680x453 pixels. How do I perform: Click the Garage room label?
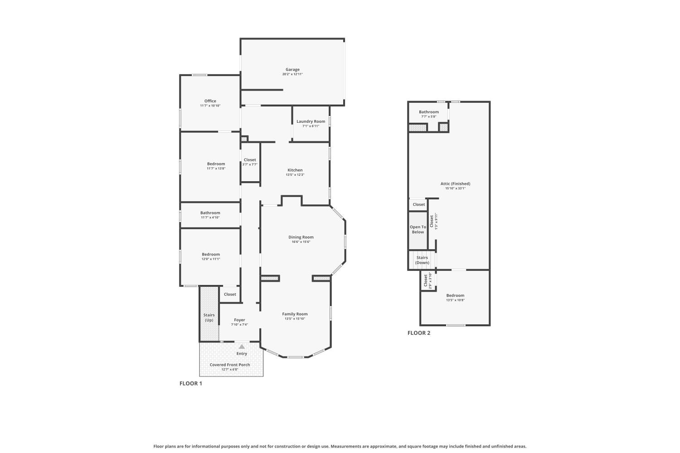[292, 70]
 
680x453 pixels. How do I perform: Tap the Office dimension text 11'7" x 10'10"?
[210, 106]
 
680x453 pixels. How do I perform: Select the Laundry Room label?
[311, 121]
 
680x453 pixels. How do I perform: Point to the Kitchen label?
[295, 170]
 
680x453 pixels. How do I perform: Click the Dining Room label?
[301, 237]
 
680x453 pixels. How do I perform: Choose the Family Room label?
[295, 314]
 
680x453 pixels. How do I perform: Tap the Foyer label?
[239, 320]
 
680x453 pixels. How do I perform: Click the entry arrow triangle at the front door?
[242, 347]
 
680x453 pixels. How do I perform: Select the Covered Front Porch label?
[230, 365]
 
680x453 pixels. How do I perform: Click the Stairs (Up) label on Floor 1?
[209, 318]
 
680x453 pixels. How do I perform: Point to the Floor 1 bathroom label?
[210, 213]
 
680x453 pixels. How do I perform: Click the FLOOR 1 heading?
[191, 383]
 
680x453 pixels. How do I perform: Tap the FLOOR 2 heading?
[419, 333]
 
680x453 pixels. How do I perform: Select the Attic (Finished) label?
[455, 184]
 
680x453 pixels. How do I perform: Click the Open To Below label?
[418, 230]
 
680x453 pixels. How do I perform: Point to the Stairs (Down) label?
[422, 260]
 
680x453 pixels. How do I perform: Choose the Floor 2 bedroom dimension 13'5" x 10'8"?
[455, 300]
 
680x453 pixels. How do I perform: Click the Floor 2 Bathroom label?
[428, 112]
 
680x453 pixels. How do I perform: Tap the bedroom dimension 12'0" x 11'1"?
[211, 259]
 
